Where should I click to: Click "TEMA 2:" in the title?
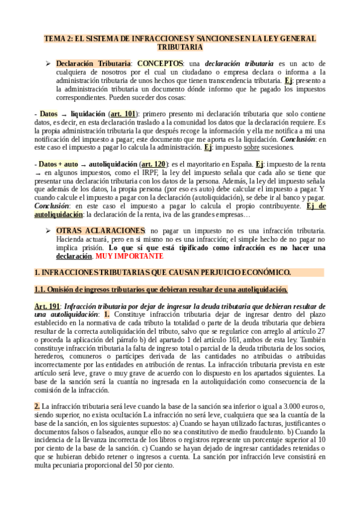coord(58,38)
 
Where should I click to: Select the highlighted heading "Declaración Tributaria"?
coord(93,63)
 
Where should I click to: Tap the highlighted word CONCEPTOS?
coord(159,63)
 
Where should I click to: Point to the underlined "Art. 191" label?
coord(47,306)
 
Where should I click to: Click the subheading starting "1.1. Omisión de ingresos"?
coord(161,290)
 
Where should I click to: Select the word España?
coord(239,163)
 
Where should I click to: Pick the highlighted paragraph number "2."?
coord(37,407)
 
